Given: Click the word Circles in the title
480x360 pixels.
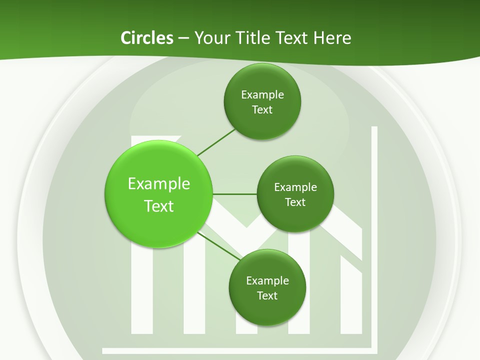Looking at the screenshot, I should pyautogui.click(x=146, y=38).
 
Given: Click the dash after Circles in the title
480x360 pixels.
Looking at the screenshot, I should pyautogui.click(x=183, y=38).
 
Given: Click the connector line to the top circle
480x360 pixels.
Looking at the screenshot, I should pyautogui.click(x=216, y=142).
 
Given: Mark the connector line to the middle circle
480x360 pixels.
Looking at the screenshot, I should pyautogui.click(x=234, y=194).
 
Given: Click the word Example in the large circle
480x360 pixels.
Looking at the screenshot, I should pyautogui.click(x=159, y=183).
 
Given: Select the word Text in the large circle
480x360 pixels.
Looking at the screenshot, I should pyautogui.click(x=159, y=206).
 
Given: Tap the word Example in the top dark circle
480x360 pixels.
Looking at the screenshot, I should pyautogui.click(x=262, y=94).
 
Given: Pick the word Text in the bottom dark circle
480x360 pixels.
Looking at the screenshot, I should pyautogui.click(x=267, y=295).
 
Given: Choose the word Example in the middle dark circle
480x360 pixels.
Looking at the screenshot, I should pyautogui.click(x=295, y=187).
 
